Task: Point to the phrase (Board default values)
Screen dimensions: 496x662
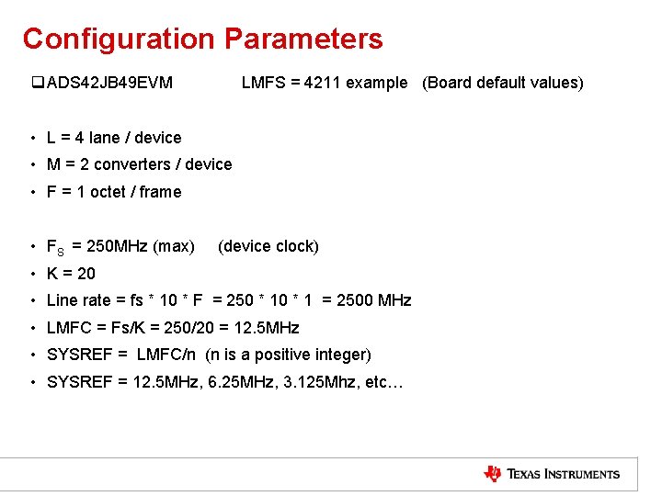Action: (x=502, y=83)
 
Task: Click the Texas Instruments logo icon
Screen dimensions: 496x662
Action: (x=493, y=474)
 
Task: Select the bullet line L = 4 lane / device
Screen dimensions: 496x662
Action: (x=113, y=138)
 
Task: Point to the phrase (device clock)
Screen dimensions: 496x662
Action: (x=268, y=246)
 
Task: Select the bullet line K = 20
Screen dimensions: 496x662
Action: (x=71, y=274)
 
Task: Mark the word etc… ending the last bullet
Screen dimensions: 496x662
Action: (x=383, y=382)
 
